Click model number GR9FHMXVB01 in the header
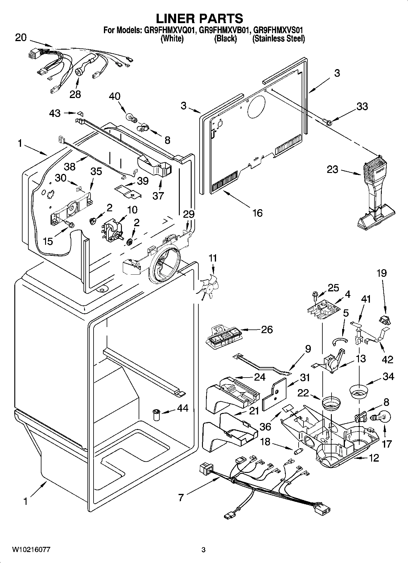tap(225, 30)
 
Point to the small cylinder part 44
tap(156, 415)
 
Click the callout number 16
tap(257, 213)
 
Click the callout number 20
tap(21, 38)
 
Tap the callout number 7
tap(181, 498)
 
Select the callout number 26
tap(267, 329)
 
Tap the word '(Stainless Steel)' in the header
tap(278, 39)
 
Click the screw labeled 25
tap(314, 294)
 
